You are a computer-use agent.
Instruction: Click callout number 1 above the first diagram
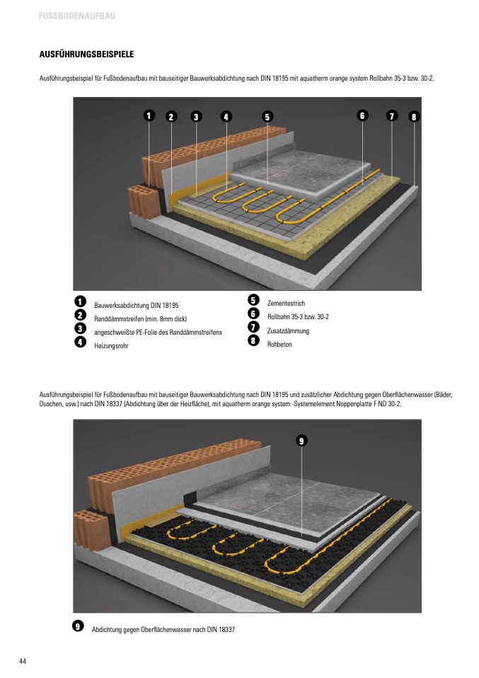[149, 115]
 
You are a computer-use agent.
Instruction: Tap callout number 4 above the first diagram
[226, 116]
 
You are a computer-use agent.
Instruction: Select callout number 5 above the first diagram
[267, 116]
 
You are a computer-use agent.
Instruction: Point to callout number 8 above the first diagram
[414, 116]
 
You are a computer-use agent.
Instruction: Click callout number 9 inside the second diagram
[301, 441]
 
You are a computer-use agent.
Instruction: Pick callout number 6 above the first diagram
[362, 115]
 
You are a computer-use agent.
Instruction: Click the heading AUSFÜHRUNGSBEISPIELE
[86, 54]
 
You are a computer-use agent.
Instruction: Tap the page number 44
[23, 661]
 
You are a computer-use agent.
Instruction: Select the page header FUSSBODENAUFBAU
[77, 16]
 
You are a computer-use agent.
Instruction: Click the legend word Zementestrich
[286, 303]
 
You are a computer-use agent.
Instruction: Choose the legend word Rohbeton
[279, 344]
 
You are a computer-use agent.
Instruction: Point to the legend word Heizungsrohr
[111, 345]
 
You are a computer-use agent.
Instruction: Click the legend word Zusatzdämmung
[288, 331]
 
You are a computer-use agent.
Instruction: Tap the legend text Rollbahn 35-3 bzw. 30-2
[298, 316]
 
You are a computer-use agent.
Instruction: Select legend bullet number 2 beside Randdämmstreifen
[81, 315]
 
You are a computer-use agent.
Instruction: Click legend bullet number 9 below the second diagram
[78, 626]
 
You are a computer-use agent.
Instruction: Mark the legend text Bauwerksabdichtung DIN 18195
[136, 305]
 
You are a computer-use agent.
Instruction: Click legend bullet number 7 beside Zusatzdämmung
[253, 327]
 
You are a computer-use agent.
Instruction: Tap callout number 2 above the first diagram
[171, 116]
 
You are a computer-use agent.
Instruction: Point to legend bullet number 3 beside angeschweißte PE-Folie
[81, 328]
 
